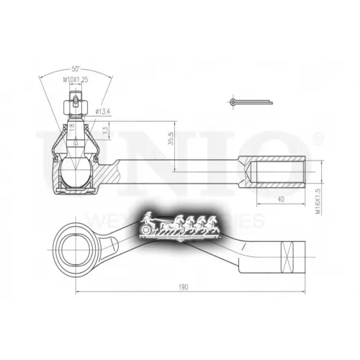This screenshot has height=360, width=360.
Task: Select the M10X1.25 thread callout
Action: pos(74,79)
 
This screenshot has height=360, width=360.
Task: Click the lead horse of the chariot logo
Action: pos(213,223)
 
